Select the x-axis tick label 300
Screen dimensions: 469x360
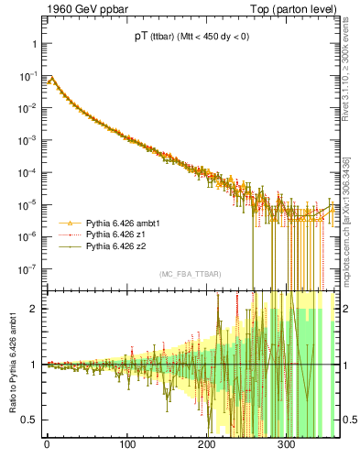[x=286, y=445]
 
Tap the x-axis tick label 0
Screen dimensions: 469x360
[x=47, y=445]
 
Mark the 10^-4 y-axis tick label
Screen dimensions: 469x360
[x=27, y=172]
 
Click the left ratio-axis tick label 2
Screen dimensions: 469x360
[x=33, y=309]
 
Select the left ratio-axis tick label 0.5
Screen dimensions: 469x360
[x=29, y=420]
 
